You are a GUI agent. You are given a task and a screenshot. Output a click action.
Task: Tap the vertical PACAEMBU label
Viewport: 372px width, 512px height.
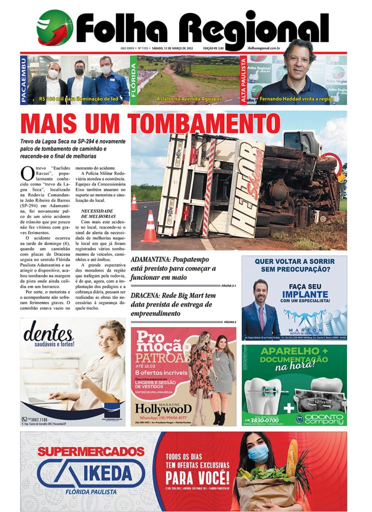pyautogui.click(x=24, y=80)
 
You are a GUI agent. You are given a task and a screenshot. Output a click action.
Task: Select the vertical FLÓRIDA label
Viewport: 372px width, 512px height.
pyautogui.click(x=134, y=80)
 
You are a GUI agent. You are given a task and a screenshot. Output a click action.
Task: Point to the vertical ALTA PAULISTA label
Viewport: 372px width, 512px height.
pyautogui.click(x=244, y=80)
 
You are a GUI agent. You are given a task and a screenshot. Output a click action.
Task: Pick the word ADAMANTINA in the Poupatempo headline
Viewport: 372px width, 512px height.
pyautogui.click(x=151, y=259)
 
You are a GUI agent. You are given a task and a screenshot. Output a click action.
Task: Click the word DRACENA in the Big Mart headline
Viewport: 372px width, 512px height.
pyautogui.click(x=146, y=295)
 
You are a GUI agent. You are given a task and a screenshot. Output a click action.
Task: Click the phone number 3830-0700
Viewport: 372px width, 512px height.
pyautogui.click(x=266, y=420)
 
